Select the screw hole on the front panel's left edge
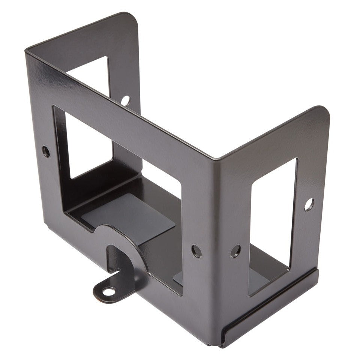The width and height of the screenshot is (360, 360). tap(46, 151)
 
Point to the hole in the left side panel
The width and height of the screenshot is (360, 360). tap(125, 100)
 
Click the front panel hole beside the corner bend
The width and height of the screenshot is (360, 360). tap(196, 251)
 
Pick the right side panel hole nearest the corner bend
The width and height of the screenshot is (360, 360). tap(235, 251)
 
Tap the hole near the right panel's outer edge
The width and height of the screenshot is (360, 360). tap(309, 204)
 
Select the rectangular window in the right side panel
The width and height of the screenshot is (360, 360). tap(273, 225)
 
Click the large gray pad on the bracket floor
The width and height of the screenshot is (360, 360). tap(127, 217)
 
